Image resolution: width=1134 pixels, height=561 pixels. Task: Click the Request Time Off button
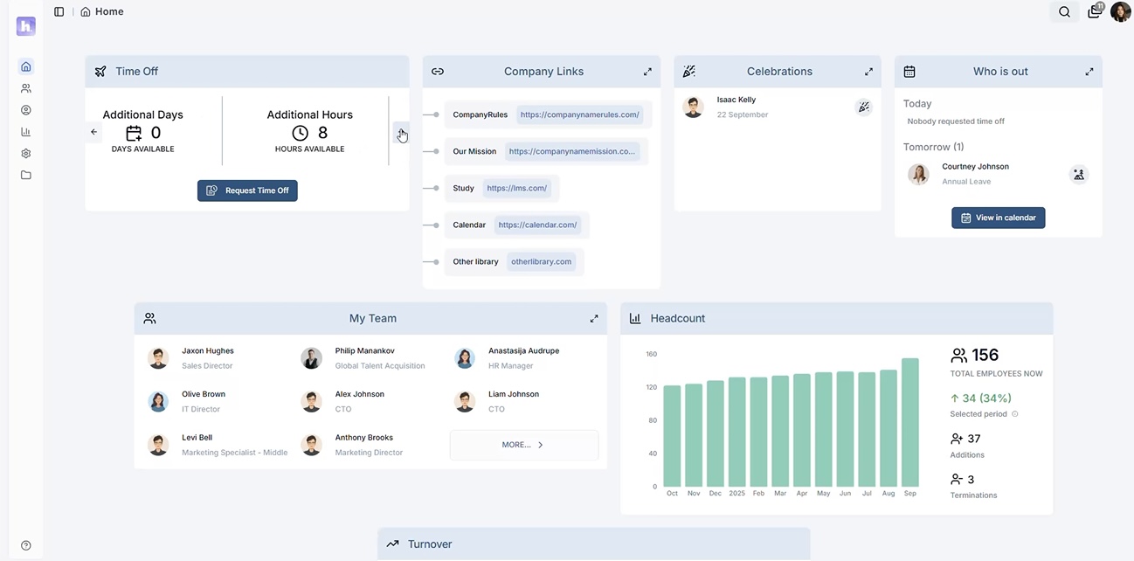click(247, 190)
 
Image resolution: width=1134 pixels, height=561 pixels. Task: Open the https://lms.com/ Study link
click(517, 188)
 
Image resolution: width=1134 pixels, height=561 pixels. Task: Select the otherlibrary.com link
click(542, 261)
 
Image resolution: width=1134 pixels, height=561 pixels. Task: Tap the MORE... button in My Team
click(523, 445)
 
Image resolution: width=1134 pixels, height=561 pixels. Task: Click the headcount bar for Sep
click(909, 423)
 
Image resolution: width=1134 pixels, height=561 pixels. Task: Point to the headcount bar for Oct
click(672, 436)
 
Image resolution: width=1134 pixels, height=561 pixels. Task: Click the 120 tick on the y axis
click(651, 387)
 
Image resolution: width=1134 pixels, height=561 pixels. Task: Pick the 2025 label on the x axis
click(736, 493)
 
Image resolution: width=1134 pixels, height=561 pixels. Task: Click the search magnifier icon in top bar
click(1064, 12)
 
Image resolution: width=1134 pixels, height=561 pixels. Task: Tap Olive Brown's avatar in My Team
click(158, 401)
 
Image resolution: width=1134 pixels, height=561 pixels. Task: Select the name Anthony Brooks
click(364, 438)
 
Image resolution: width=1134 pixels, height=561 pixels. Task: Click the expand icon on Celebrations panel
click(868, 72)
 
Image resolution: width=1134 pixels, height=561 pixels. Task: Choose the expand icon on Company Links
click(647, 72)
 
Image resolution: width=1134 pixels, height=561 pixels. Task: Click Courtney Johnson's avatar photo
click(918, 174)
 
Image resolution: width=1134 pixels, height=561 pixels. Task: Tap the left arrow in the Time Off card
click(94, 132)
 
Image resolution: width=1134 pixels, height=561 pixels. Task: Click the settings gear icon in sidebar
click(26, 153)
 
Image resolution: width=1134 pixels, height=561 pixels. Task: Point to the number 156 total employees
click(985, 355)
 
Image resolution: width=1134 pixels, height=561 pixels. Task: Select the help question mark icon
click(26, 545)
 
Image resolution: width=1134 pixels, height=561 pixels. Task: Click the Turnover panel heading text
click(430, 544)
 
